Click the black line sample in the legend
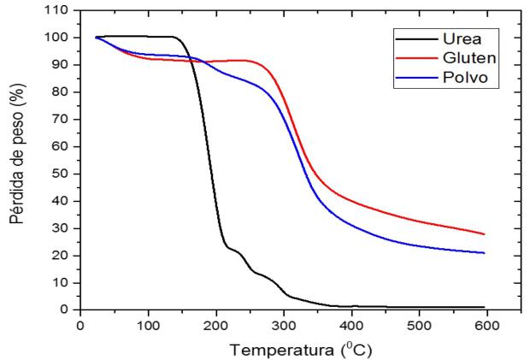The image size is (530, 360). coord(412,38)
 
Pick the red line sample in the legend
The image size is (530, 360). coord(412,59)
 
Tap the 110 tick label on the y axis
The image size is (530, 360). coord(62,10)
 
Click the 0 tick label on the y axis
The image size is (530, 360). coord(68,310)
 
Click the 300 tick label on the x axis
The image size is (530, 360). coord(283,326)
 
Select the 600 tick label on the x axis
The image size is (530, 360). coord(486,326)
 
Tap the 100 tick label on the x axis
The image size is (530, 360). coord(148,326)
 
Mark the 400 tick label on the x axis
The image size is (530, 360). coord(350,326)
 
